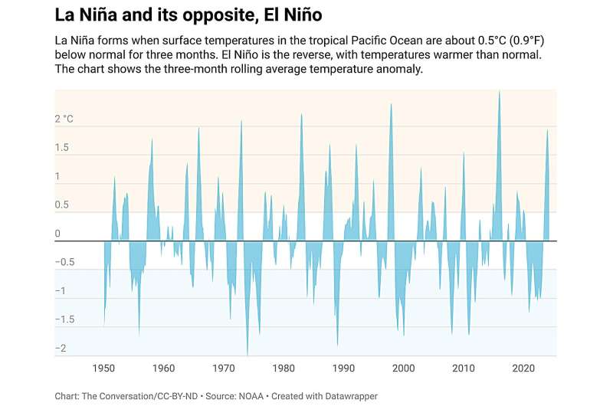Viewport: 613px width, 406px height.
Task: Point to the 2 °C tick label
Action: click(x=64, y=119)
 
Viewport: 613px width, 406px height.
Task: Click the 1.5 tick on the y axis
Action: click(x=62, y=148)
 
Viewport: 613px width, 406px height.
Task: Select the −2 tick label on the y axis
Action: click(x=60, y=349)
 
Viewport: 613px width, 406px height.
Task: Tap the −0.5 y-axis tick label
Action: click(x=64, y=262)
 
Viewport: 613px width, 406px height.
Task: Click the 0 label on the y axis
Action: click(x=57, y=234)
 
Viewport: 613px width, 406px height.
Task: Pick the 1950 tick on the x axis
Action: click(x=103, y=368)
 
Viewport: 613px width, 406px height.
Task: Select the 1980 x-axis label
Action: click(x=283, y=368)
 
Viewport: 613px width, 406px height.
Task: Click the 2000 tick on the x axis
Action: click(x=403, y=368)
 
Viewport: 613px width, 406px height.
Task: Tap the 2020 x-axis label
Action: click(x=523, y=368)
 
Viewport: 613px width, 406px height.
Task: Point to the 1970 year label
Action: click(x=223, y=368)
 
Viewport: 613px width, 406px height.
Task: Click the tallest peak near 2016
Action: click(x=500, y=93)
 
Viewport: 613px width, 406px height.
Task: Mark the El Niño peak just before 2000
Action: click(x=391, y=105)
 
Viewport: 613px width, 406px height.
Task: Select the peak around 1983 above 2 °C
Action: click(x=301, y=115)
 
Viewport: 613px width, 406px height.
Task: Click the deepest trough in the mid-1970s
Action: click(x=247, y=354)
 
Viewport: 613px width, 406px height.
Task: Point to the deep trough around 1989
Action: click(x=337, y=345)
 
